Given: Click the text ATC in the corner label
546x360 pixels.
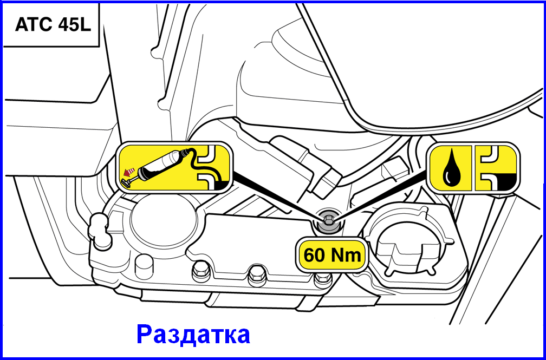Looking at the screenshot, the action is click(x=31, y=25).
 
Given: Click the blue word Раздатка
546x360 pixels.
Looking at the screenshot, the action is click(x=193, y=335).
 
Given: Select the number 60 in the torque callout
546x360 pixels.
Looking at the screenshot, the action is click(x=315, y=255).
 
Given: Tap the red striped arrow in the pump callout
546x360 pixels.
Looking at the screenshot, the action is click(x=129, y=171).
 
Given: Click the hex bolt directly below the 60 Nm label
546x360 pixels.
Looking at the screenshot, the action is click(x=323, y=279).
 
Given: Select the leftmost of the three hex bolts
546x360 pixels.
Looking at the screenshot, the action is click(x=201, y=270).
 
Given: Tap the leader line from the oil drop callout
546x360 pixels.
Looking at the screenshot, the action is click(x=381, y=197).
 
